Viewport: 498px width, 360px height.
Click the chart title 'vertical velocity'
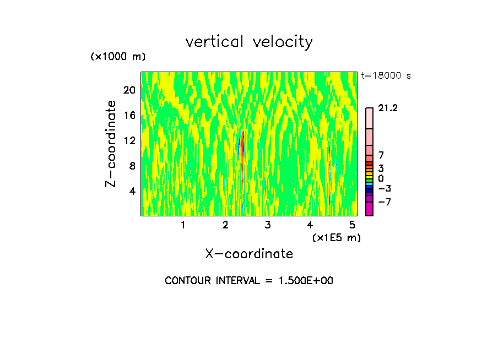click(249, 42)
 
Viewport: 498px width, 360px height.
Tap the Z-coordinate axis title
click(111, 144)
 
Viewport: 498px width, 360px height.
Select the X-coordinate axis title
click(249, 254)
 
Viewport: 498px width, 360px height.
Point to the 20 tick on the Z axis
click(129, 90)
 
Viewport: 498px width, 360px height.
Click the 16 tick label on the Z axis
click(129, 115)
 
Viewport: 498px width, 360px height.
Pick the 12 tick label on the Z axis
click(129, 140)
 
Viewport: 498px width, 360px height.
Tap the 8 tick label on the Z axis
click(132, 166)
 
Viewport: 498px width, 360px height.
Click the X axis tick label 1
click(183, 225)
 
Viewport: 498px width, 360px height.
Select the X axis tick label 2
click(225, 225)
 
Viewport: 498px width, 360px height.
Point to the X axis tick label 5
click(353, 225)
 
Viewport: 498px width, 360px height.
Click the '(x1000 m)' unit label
click(118, 57)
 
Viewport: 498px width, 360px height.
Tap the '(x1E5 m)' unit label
click(337, 237)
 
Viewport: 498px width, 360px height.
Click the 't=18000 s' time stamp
click(386, 76)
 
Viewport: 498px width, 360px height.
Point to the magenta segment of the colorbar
click(369, 209)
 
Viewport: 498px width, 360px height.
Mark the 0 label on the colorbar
click(381, 178)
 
